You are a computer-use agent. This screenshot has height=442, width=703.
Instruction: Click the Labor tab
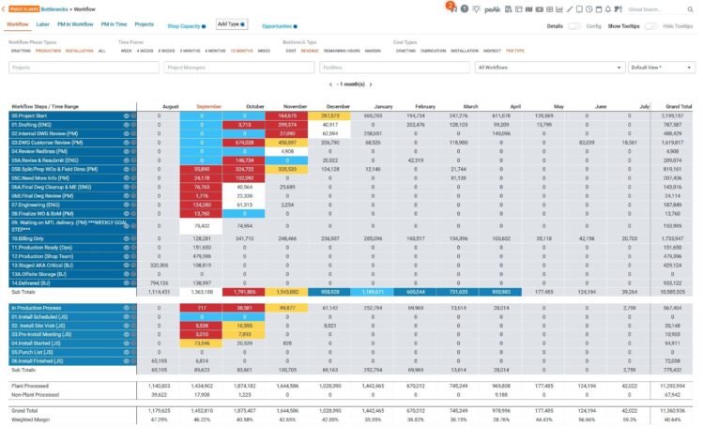point(43,23)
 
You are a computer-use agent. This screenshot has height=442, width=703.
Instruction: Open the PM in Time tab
point(114,23)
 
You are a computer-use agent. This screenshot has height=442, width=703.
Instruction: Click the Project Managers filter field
point(237,68)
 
